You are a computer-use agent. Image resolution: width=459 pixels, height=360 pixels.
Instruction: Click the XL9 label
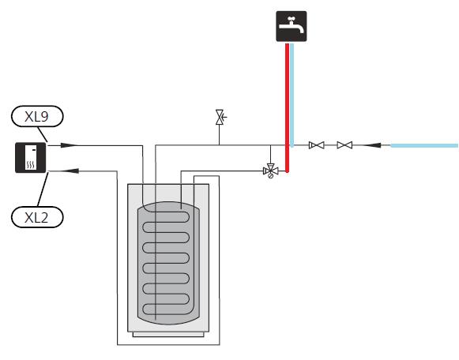pos(37,116)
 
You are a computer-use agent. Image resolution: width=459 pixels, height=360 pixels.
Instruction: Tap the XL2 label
pos(37,217)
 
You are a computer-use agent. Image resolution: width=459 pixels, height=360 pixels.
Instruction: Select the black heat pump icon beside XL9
pos(31,158)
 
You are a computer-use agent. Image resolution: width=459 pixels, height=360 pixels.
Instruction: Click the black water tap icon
pos(292,26)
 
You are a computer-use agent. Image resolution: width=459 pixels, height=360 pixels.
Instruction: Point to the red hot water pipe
pos(287,107)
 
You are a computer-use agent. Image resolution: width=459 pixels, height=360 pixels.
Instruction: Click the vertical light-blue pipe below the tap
pos(292,95)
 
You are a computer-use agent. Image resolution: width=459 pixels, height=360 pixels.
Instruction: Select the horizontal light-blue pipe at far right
pos(424,145)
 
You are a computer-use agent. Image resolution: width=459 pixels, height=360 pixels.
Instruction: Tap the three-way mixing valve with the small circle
pos(270,171)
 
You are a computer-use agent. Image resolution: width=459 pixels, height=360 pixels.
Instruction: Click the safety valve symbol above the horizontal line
pos(220,118)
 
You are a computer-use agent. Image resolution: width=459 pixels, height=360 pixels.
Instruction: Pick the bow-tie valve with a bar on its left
pos(317,145)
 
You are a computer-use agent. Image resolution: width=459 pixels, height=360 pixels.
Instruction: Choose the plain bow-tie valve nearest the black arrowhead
pos(344,145)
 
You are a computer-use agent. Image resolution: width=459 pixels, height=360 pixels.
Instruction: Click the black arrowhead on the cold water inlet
pos(372,145)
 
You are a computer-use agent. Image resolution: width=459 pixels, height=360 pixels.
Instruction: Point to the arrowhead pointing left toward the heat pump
pos(70,171)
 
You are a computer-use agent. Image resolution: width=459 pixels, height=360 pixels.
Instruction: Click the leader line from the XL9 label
pos(43,134)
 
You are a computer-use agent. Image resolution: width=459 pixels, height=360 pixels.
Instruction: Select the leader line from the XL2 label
pos(43,189)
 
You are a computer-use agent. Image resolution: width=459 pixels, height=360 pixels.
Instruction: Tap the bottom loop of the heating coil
pos(166,309)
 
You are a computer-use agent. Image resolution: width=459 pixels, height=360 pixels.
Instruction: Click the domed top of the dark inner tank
pos(168,204)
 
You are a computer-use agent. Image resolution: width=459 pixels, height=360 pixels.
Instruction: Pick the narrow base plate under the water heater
pos(168,335)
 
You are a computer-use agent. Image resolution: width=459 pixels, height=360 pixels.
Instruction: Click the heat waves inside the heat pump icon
pos(31,165)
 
